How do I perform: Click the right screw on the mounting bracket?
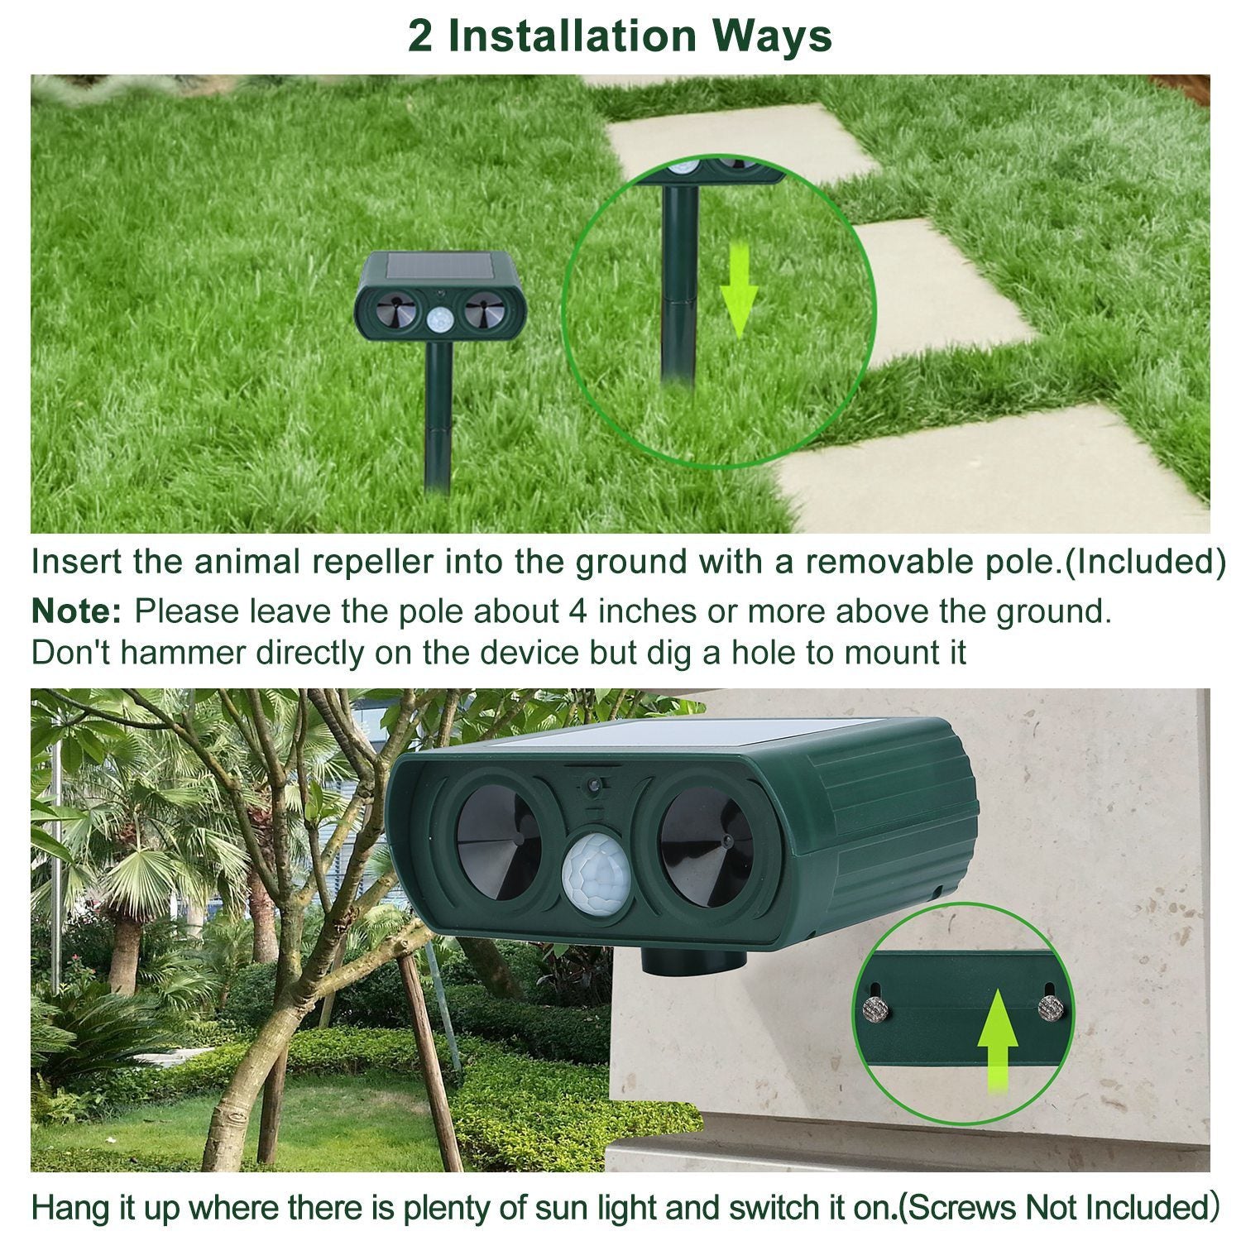tap(1051, 1007)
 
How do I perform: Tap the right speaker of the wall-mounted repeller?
tap(707, 845)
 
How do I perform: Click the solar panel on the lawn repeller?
tap(438, 266)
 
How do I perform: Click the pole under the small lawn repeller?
tap(438, 414)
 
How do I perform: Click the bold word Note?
tap(76, 612)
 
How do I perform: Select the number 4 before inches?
tap(577, 612)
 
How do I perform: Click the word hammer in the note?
tap(184, 654)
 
